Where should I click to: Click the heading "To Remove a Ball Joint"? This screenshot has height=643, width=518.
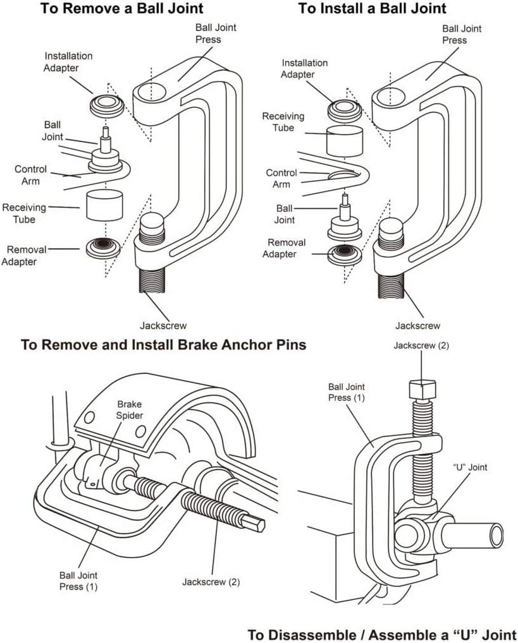point(121,9)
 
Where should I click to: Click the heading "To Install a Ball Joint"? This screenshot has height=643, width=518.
point(372,9)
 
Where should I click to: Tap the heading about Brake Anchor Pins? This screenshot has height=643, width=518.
point(164,345)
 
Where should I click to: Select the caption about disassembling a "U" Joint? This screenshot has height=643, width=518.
point(381,634)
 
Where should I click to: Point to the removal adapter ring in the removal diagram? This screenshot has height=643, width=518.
point(103,246)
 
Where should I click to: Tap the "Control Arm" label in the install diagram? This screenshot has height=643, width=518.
point(281,178)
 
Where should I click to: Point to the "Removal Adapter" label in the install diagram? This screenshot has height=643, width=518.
point(287,248)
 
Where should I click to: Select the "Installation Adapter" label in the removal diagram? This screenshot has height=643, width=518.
point(68,61)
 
